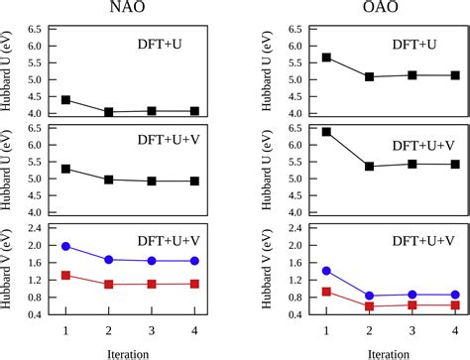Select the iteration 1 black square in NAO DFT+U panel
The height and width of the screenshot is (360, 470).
[x=65, y=100]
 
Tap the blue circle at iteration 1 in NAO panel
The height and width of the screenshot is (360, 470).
[x=65, y=246]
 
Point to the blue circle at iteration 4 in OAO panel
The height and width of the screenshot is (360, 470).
[x=455, y=295]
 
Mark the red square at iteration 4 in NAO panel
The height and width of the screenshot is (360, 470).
[x=194, y=284]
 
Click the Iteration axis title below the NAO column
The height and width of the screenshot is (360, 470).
[x=130, y=351]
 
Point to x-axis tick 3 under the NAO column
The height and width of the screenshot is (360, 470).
[x=152, y=329]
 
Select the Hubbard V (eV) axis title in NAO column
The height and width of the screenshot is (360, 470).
[x=10, y=272]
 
